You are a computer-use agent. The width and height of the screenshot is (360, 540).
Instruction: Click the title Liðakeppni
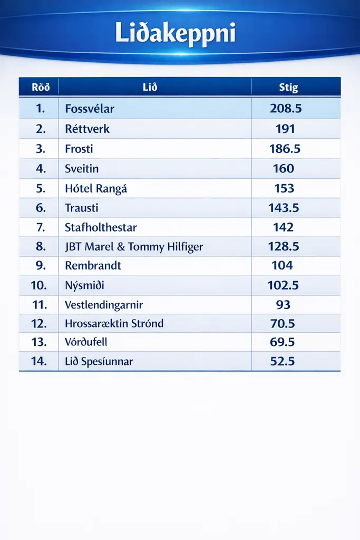(x=175, y=34)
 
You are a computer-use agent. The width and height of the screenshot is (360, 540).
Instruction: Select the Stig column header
(x=288, y=88)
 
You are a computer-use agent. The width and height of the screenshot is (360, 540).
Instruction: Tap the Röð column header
(x=41, y=88)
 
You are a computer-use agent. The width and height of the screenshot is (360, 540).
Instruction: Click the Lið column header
(x=150, y=88)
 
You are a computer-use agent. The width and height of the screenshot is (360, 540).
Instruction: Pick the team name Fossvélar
(x=90, y=109)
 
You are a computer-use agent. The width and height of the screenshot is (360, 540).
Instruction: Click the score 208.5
(x=285, y=109)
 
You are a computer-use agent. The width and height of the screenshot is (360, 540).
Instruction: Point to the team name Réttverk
(x=87, y=129)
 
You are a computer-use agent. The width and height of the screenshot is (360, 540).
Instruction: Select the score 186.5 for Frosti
(x=285, y=149)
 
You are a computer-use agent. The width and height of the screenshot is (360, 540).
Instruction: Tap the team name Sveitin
(x=82, y=169)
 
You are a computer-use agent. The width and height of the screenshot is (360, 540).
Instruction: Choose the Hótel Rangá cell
(x=96, y=188)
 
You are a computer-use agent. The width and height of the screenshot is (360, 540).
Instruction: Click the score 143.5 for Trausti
(x=284, y=208)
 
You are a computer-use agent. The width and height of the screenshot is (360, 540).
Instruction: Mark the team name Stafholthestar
(x=101, y=228)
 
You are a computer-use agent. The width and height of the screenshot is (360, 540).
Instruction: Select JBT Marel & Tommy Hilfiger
(x=134, y=247)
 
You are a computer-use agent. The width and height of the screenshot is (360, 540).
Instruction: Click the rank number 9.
(x=41, y=265)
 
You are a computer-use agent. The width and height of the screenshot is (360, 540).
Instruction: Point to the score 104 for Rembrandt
(x=282, y=265)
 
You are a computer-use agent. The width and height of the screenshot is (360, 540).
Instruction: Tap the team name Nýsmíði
(x=84, y=285)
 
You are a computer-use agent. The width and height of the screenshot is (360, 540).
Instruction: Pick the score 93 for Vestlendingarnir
(x=283, y=304)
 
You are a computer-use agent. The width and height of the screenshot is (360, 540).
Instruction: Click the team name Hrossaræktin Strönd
(x=114, y=323)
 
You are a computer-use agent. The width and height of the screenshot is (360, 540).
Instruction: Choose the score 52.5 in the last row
(x=281, y=361)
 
